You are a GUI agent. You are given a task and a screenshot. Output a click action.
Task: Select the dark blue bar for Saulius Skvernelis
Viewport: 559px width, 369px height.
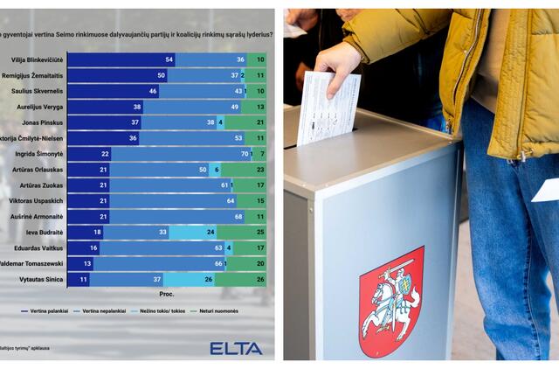click(112, 91)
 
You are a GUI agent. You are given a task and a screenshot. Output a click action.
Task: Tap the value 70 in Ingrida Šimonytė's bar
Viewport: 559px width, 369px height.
click(243, 154)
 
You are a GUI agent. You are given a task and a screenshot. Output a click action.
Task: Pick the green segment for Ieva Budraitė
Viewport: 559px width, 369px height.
click(242, 233)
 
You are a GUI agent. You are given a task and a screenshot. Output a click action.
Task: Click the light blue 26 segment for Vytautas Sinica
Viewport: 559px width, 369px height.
click(188, 280)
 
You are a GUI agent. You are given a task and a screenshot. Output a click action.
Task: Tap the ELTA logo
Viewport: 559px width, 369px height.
click(235, 348)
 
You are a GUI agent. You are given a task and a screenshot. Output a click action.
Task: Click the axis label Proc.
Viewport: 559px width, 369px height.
click(166, 295)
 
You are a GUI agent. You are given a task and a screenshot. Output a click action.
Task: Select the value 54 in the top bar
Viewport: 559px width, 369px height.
click(169, 59)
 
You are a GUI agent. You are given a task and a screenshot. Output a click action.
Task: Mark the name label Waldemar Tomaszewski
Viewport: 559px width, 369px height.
click(32, 264)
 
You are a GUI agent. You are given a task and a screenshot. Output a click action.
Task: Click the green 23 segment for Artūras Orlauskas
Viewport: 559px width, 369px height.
click(244, 170)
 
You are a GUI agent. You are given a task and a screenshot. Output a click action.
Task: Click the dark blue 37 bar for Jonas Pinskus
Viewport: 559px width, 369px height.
click(104, 122)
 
